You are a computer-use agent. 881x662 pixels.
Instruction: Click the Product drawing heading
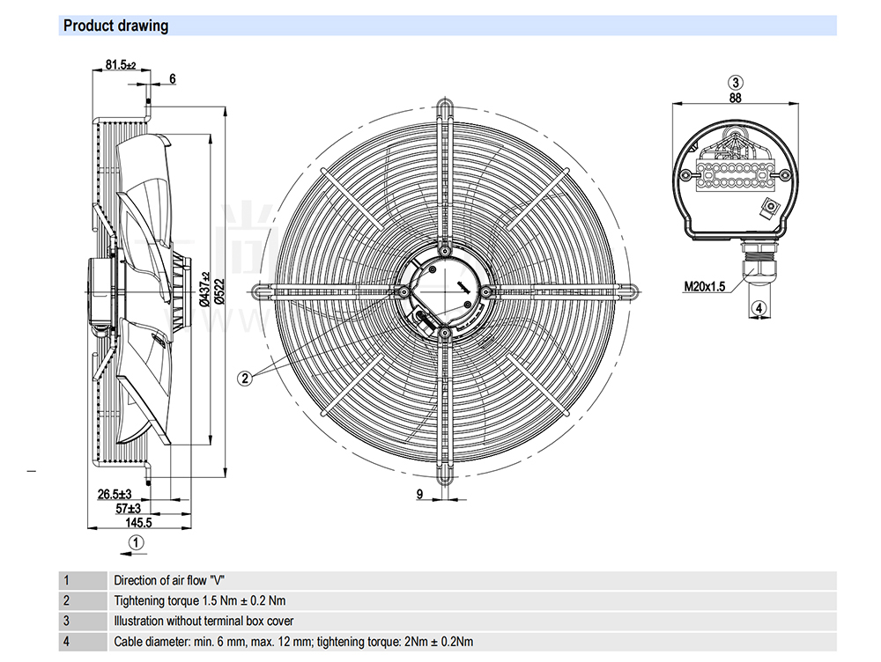[x=115, y=26]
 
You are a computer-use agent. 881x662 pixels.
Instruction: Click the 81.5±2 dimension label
[x=121, y=64]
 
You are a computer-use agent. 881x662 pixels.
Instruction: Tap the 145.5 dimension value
[x=138, y=522]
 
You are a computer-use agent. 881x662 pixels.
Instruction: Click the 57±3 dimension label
[x=129, y=508]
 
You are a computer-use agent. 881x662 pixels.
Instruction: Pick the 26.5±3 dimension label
[x=115, y=495]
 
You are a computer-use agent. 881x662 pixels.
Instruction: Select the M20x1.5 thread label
[x=705, y=286]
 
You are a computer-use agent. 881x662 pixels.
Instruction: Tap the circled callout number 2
[x=246, y=378]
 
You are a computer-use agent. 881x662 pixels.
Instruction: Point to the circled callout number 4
[x=759, y=307]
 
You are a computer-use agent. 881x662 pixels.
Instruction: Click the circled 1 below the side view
[x=135, y=543]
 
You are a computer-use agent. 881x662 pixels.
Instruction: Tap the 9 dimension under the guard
[x=420, y=495]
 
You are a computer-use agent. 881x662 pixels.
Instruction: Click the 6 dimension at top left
[x=173, y=79]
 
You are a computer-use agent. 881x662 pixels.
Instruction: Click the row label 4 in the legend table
[x=66, y=642]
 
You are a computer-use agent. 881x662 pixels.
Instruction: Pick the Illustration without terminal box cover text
[x=204, y=622]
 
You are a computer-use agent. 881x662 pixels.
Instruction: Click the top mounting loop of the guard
[x=445, y=108]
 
